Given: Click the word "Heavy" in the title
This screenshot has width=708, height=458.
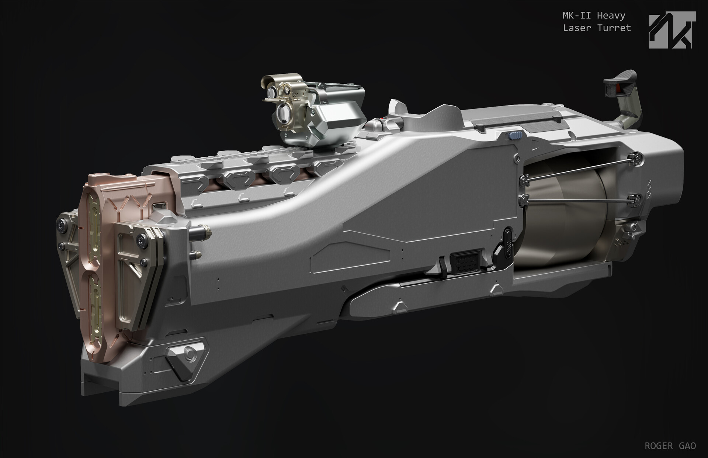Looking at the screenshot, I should pos(611,16).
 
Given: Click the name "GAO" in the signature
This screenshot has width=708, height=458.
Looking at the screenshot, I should pos(687,446).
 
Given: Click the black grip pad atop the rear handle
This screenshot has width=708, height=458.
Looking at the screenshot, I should pos(620,79).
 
